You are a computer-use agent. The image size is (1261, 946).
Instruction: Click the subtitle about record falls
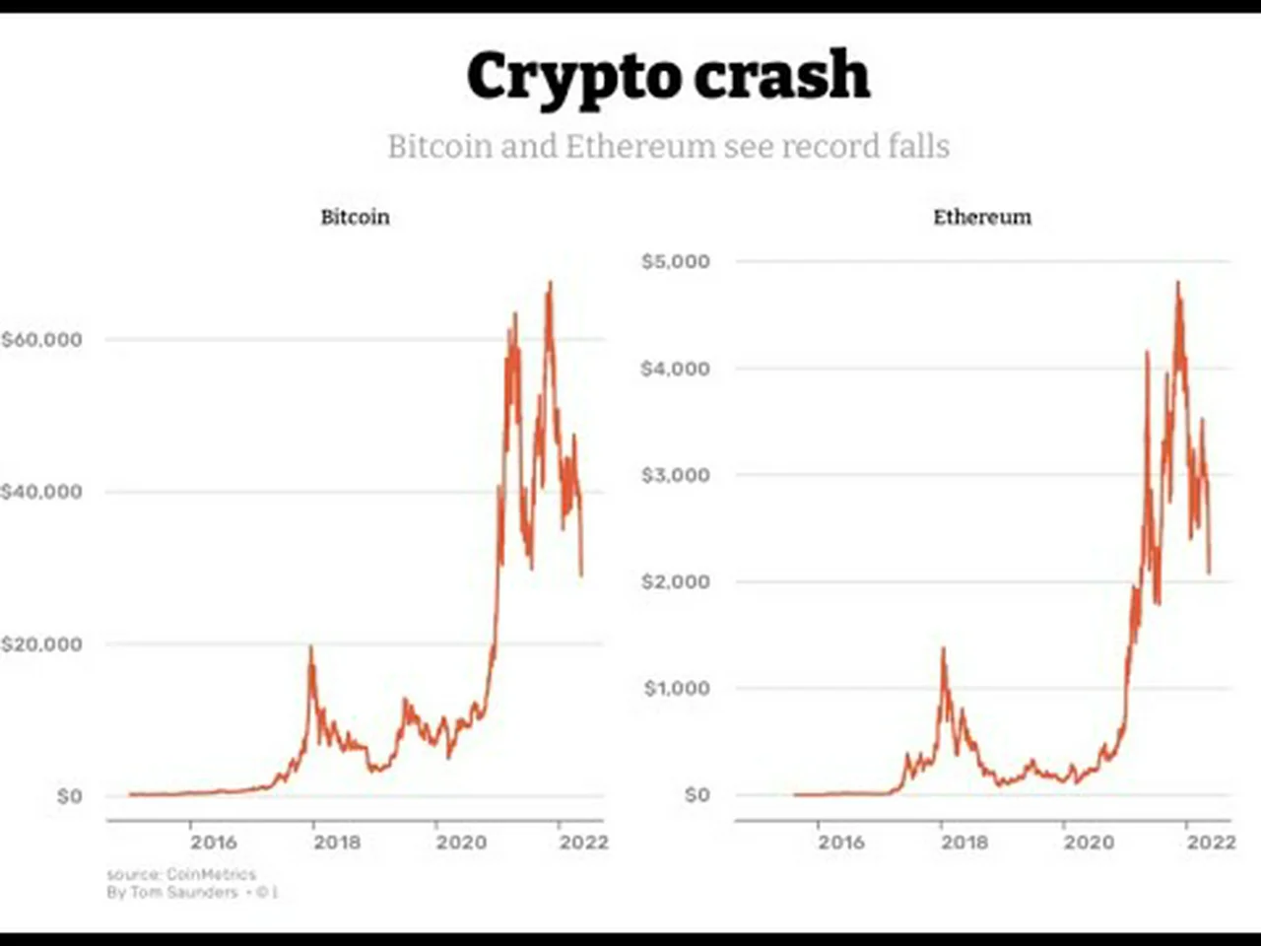668,146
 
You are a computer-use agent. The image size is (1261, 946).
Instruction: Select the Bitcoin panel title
355,217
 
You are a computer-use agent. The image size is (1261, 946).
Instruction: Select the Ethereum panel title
982,217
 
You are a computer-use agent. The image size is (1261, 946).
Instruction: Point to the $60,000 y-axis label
41,340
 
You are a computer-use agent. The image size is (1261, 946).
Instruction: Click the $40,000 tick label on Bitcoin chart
41,492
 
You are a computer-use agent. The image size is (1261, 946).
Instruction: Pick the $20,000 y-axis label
41,644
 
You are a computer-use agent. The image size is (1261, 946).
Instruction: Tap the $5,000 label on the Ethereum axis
675,261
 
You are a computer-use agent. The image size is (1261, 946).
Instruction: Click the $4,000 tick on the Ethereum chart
675,369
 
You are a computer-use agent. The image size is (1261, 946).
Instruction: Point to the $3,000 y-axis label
675,475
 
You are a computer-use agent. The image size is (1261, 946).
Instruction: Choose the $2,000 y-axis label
675,581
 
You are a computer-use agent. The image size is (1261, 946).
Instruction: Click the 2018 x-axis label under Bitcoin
337,843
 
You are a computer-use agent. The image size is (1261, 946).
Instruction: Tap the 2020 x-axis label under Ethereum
1088,843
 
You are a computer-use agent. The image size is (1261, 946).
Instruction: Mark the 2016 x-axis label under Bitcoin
214,843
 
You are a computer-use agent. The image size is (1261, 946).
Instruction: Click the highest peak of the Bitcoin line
550,283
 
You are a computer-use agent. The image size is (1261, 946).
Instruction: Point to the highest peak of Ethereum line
1177,283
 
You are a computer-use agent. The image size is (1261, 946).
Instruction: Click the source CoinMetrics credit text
181,874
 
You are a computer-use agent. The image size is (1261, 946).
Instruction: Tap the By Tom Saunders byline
172,893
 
